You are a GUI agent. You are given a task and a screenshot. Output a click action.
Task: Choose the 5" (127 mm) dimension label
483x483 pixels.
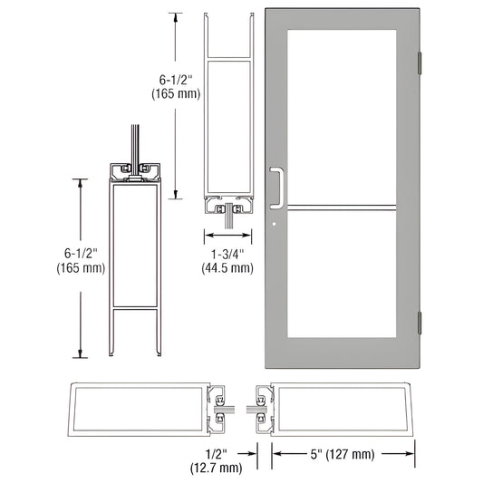(x=344, y=452)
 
